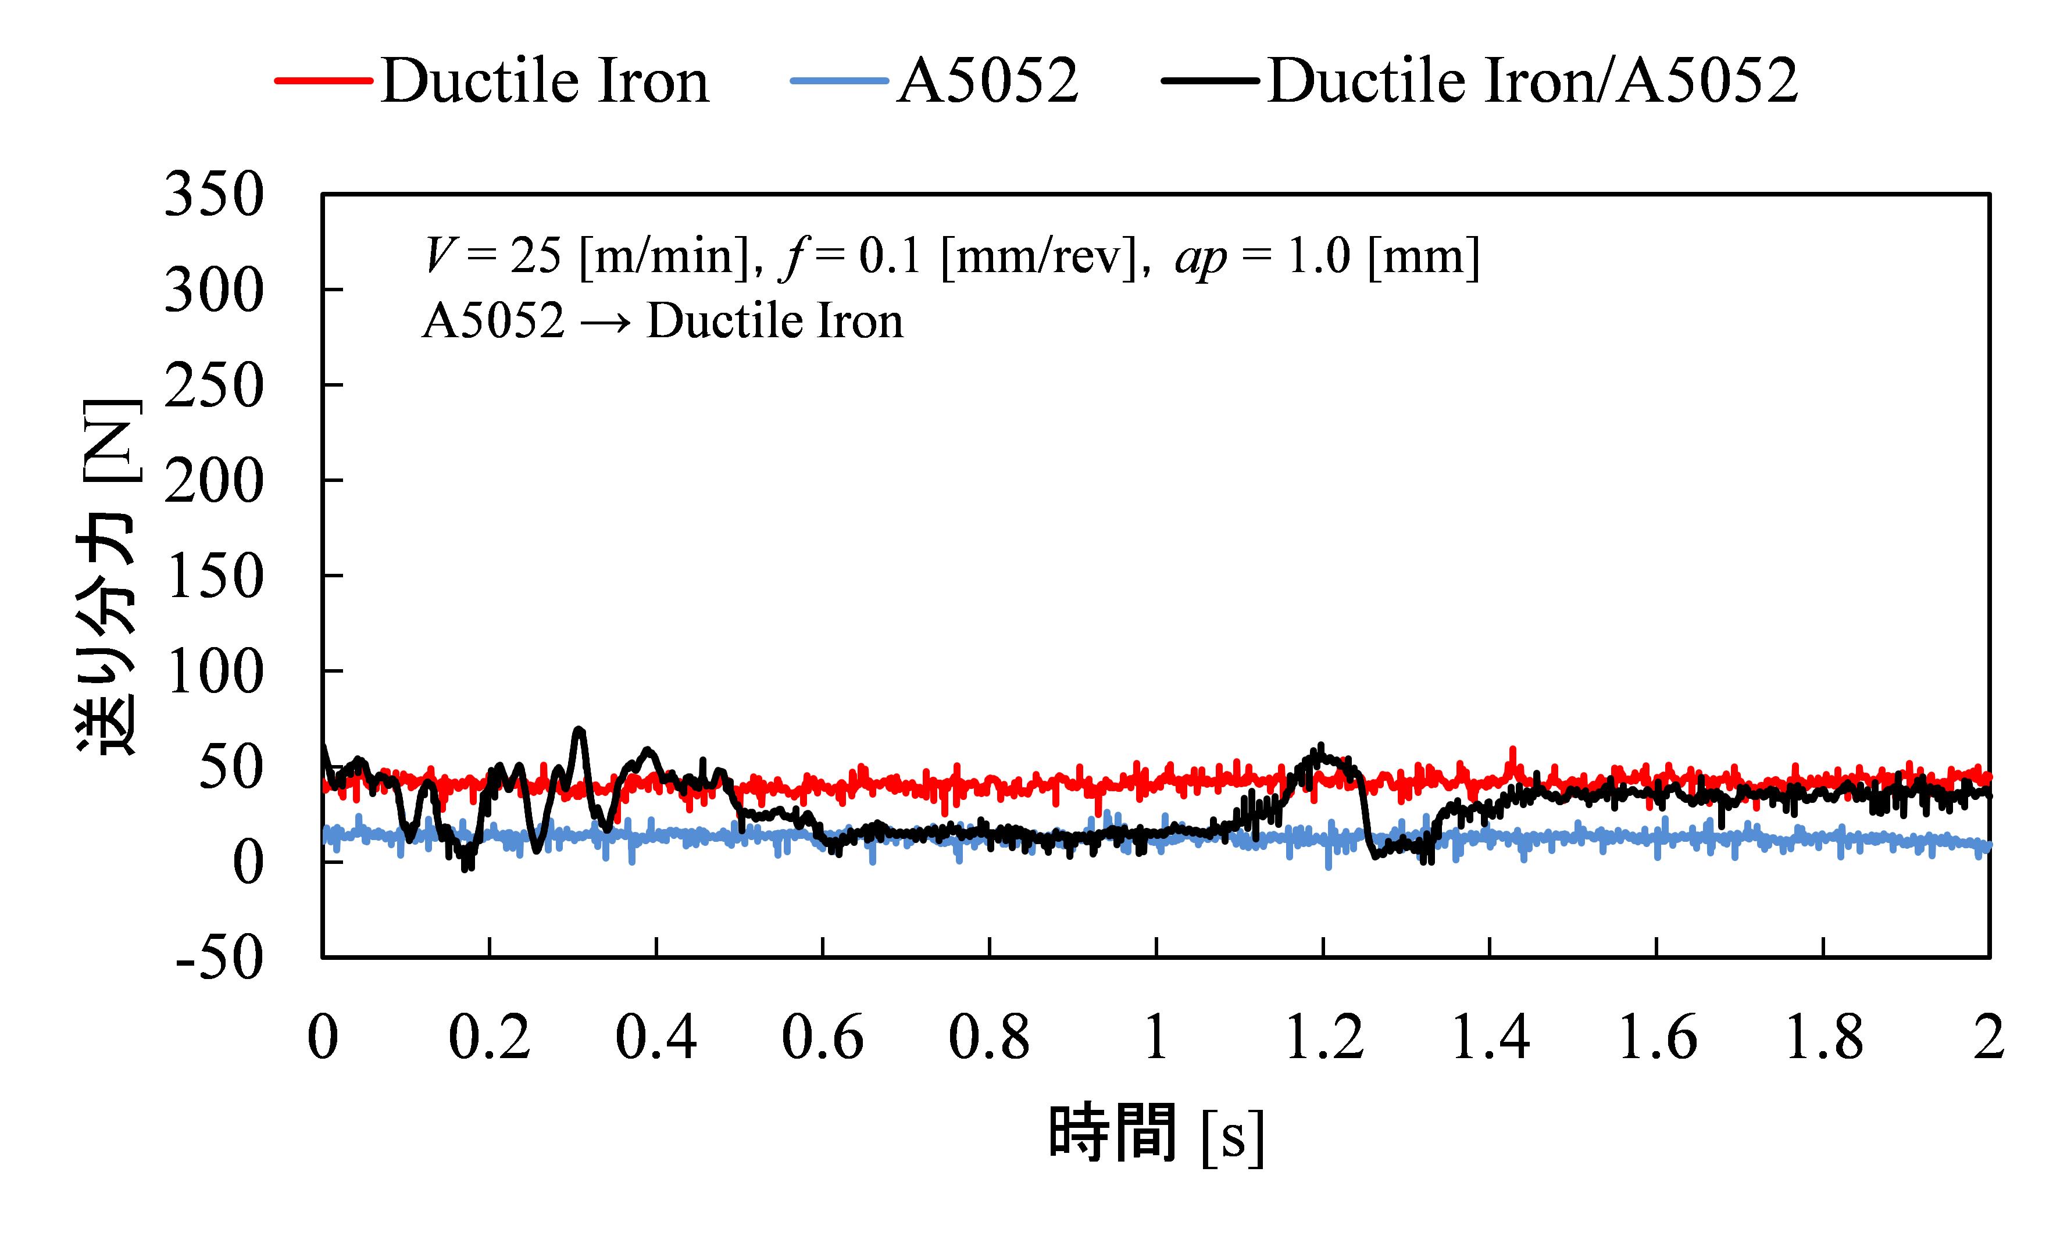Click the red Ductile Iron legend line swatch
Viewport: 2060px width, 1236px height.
[323, 81]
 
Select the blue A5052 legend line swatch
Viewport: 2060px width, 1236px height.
[840, 81]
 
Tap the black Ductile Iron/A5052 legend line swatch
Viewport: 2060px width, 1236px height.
[1211, 81]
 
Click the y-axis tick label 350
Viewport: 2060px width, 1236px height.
[214, 195]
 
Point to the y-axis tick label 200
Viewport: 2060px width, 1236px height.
[214, 481]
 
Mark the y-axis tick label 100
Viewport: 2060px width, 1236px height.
[214, 671]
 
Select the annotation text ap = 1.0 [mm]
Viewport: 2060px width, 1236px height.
[1326, 256]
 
